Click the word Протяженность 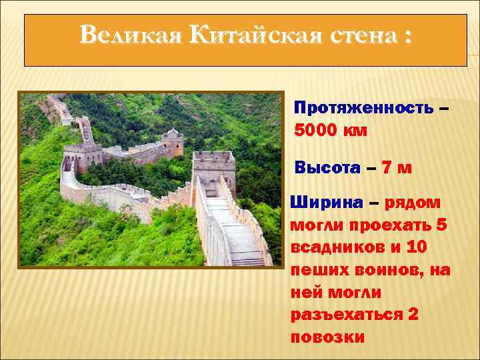tap(363, 108)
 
